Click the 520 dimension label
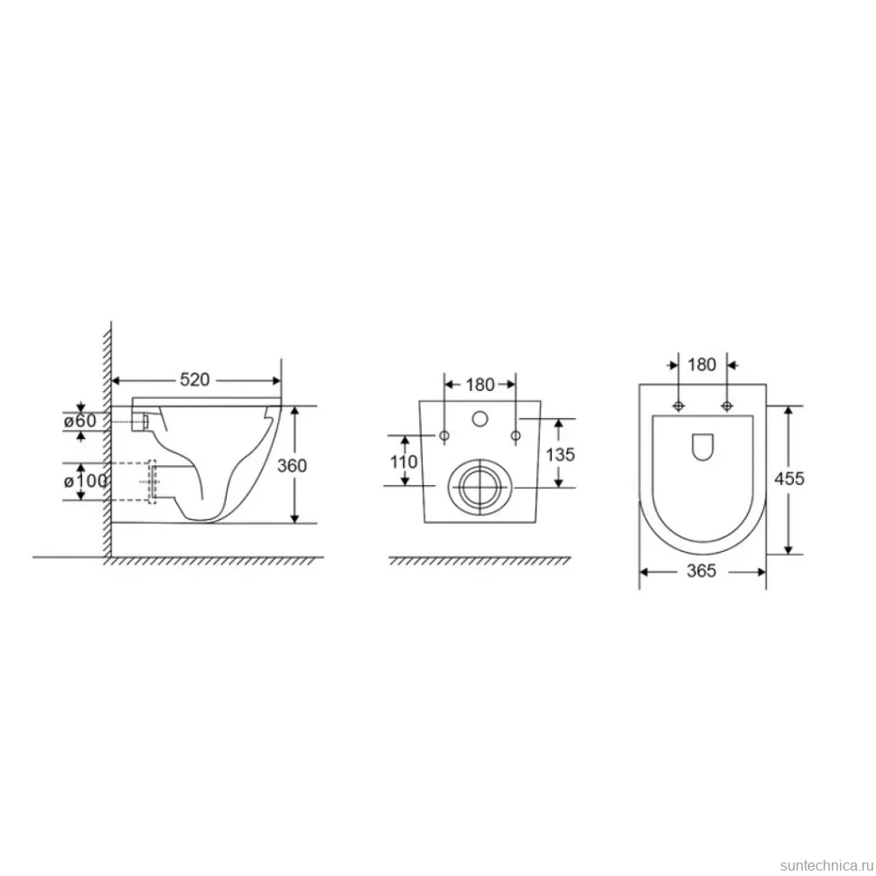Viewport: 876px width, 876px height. tap(194, 380)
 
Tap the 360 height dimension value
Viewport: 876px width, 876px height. tap(292, 465)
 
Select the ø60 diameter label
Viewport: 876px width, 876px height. tap(79, 420)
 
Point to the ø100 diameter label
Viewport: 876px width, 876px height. tap(85, 480)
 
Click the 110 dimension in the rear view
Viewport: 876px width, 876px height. tap(404, 461)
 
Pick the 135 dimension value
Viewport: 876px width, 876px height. tap(560, 455)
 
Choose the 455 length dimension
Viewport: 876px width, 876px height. tap(788, 479)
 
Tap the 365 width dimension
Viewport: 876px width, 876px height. tap(701, 571)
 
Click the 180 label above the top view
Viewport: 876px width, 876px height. tap(702, 365)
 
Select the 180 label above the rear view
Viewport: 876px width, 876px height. tap(480, 385)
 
